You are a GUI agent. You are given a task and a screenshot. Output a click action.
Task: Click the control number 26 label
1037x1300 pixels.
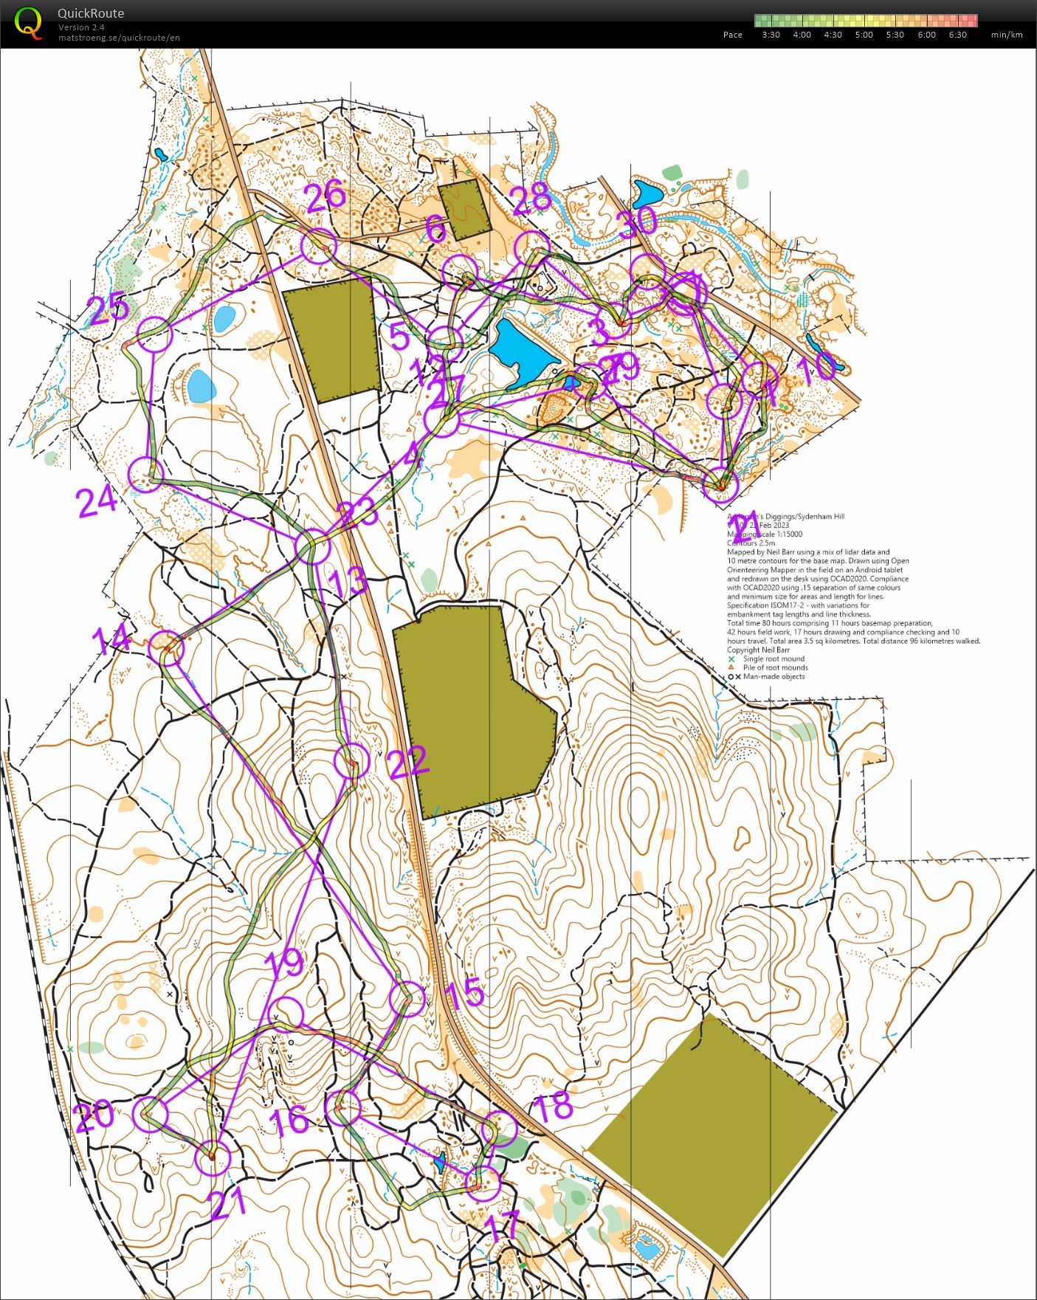click(x=325, y=197)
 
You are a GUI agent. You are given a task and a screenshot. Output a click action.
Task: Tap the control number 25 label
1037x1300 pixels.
click(x=108, y=309)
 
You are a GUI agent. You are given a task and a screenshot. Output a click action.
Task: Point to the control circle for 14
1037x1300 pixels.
click(x=167, y=648)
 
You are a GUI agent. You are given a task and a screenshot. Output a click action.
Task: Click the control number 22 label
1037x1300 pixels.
click(x=408, y=762)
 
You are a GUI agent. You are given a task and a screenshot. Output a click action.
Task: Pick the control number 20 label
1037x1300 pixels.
click(x=94, y=1117)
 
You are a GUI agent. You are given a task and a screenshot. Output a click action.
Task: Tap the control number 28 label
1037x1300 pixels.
click(x=531, y=199)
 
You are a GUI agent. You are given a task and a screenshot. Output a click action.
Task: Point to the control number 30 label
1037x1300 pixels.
click(x=637, y=222)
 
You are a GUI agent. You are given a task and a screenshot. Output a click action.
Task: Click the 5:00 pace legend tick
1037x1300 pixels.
click(x=864, y=35)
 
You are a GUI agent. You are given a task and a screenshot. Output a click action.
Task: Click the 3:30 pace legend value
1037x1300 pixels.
click(x=771, y=35)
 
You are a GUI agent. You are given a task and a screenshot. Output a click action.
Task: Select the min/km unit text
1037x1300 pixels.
click(x=1007, y=35)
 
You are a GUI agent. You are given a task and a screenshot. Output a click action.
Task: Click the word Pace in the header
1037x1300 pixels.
click(x=732, y=35)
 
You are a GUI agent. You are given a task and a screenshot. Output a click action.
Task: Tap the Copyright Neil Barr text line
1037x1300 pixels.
click(x=764, y=650)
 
